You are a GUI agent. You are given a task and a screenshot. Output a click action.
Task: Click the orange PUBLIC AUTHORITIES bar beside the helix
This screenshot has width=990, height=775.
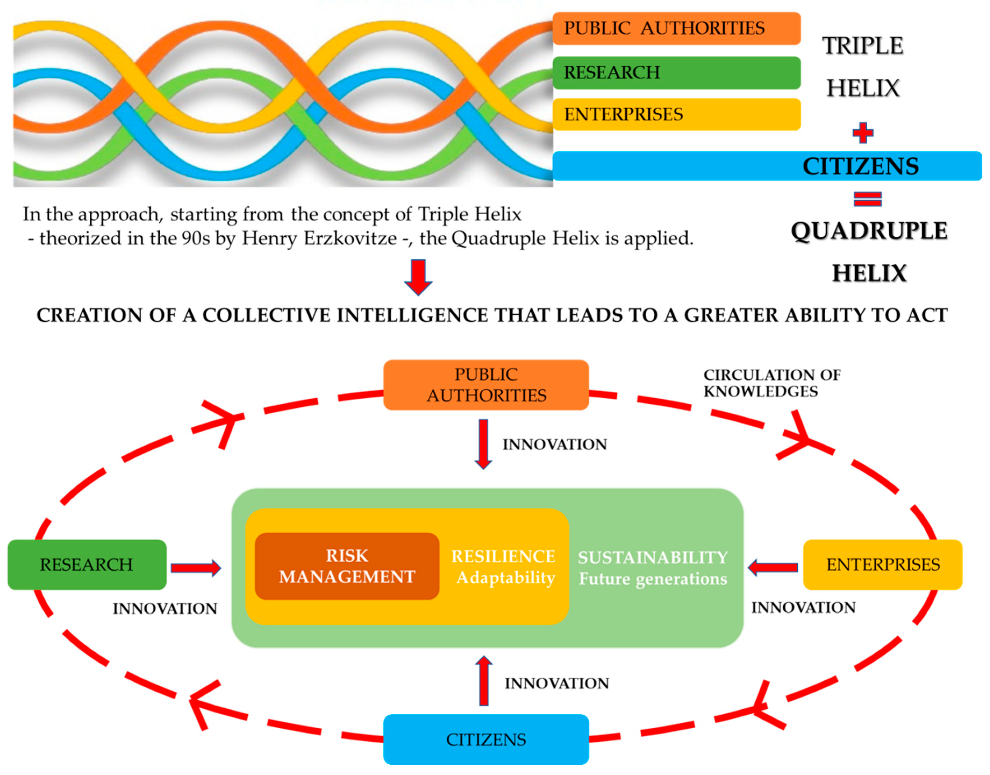point(676,28)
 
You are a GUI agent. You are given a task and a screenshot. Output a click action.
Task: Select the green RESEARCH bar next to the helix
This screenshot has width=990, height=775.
point(676,73)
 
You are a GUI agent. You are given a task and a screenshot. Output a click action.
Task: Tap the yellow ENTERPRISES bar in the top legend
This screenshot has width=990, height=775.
point(676,114)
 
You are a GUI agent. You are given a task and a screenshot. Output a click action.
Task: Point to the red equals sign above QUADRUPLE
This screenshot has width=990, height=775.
point(867,199)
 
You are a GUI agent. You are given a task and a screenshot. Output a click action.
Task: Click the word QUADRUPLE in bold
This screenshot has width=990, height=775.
point(869,231)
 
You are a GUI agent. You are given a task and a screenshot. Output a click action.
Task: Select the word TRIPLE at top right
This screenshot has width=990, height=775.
point(863,46)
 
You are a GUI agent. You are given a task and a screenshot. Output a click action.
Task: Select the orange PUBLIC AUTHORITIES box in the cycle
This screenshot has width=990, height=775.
point(486,385)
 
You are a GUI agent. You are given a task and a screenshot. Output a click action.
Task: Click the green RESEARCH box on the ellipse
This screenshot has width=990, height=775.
point(87,564)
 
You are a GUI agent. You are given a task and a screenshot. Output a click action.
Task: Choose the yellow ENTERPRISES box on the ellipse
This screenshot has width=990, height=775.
point(883,564)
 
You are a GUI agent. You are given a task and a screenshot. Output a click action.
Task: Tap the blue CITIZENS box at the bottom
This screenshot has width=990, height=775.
point(486,739)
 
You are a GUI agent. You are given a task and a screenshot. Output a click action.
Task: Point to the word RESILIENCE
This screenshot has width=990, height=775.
point(503,556)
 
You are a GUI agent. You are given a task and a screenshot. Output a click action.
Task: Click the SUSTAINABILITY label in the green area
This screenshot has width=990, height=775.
point(652,557)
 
